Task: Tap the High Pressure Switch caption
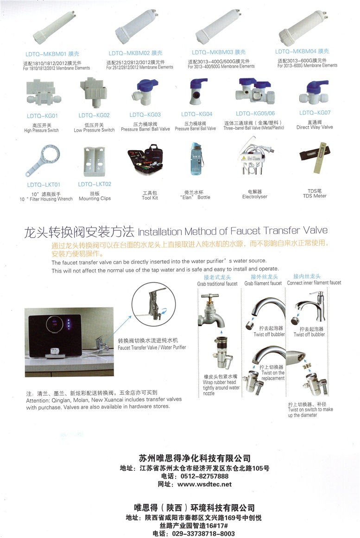point(42,130)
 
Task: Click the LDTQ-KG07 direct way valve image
point(315,93)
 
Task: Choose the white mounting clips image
point(95,161)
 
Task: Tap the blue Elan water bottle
point(196,159)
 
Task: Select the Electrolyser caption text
point(255,196)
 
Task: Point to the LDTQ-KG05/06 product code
point(255,114)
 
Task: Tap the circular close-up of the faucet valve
point(154,304)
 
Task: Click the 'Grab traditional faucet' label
point(217,284)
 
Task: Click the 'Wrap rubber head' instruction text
point(220,382)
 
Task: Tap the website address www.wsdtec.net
point(204,484)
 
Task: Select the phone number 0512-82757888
point(204,476)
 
